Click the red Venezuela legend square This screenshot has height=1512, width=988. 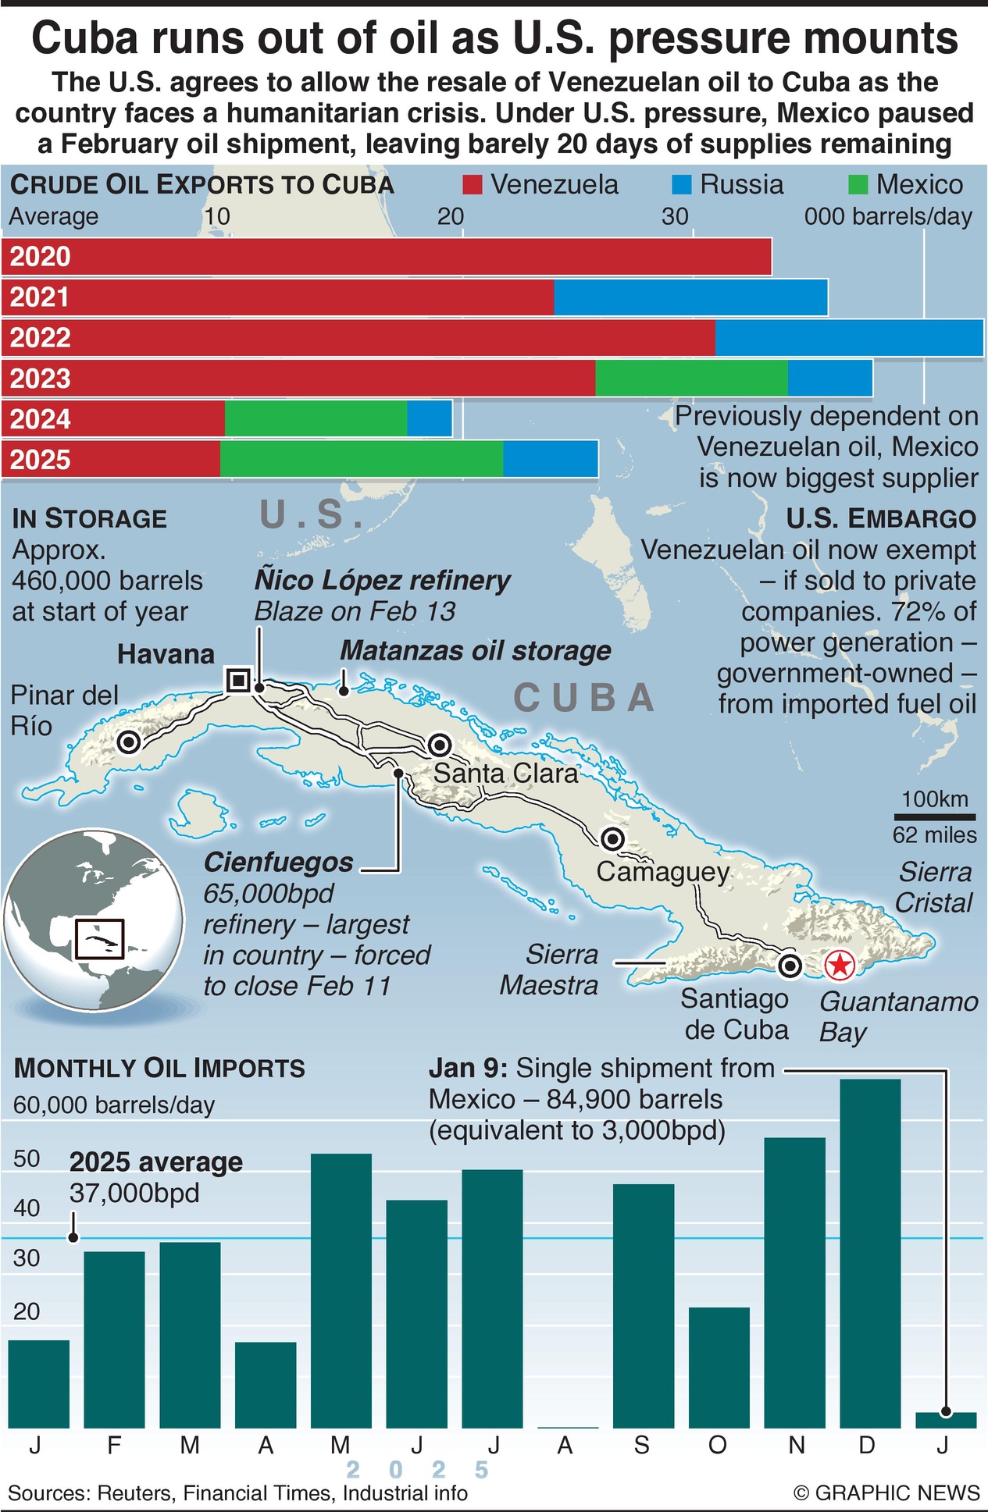473,185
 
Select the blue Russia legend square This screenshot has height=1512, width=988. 682,185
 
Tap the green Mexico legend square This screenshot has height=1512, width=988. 858,185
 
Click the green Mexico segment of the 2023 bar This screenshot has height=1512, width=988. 691,379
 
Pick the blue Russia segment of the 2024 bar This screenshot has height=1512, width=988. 429,419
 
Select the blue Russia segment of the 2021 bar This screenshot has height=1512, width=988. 690,297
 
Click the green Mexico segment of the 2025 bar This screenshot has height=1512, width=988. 362,459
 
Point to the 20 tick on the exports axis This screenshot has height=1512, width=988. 451,216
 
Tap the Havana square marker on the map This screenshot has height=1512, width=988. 238,680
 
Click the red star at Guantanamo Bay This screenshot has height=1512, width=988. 840,966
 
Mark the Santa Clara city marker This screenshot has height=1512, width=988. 440,745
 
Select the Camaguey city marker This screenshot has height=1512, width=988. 613,839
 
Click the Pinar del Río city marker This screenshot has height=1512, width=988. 129,742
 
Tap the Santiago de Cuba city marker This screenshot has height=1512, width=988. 790,966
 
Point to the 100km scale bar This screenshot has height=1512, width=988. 934,817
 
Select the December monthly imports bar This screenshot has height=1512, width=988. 870,1253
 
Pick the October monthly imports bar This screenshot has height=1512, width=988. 719,1368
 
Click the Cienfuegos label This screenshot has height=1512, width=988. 279,863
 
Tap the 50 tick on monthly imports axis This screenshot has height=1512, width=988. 27,1158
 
